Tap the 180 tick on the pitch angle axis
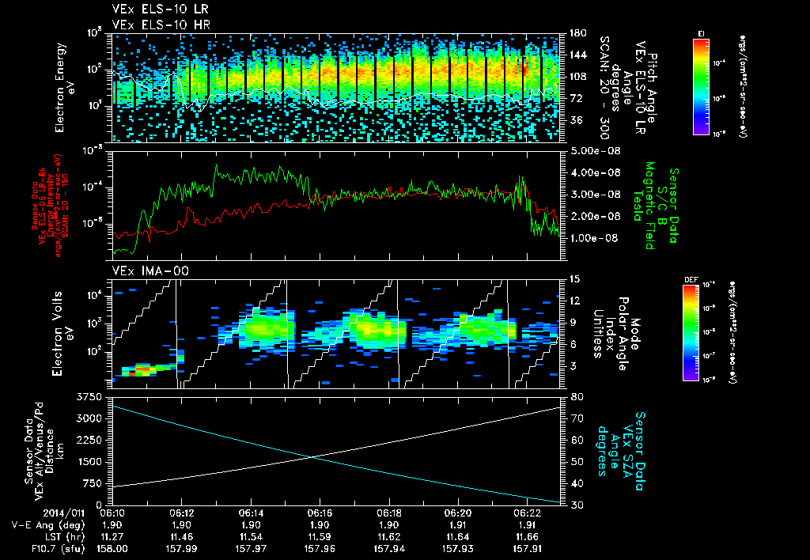576,33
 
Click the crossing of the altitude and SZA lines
313,456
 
